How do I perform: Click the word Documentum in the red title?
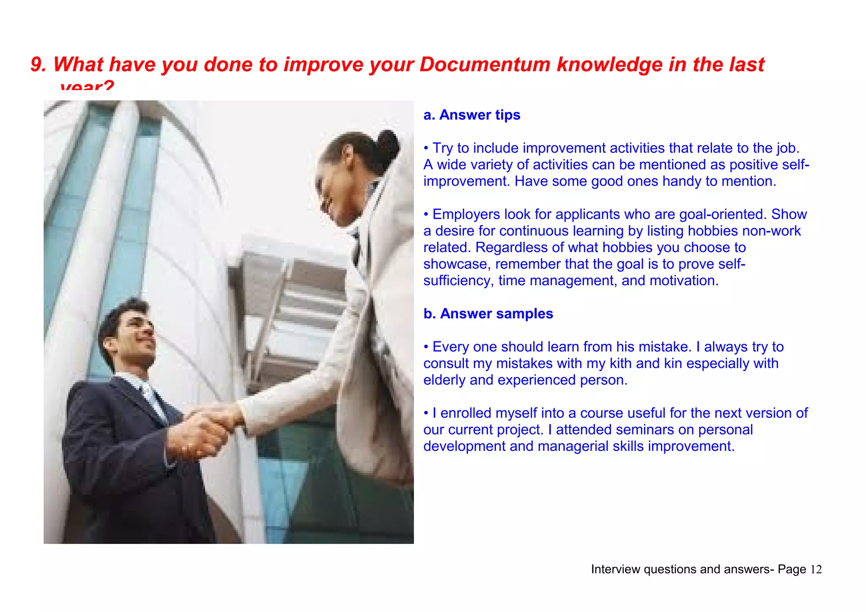pos(485,65)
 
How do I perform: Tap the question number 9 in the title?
pos(38,65)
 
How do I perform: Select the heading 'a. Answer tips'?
pos(472,115)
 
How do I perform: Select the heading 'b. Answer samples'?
pos(488,314)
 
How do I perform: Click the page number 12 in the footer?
pos(816,570)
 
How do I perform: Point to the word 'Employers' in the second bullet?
pos(466,214)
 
